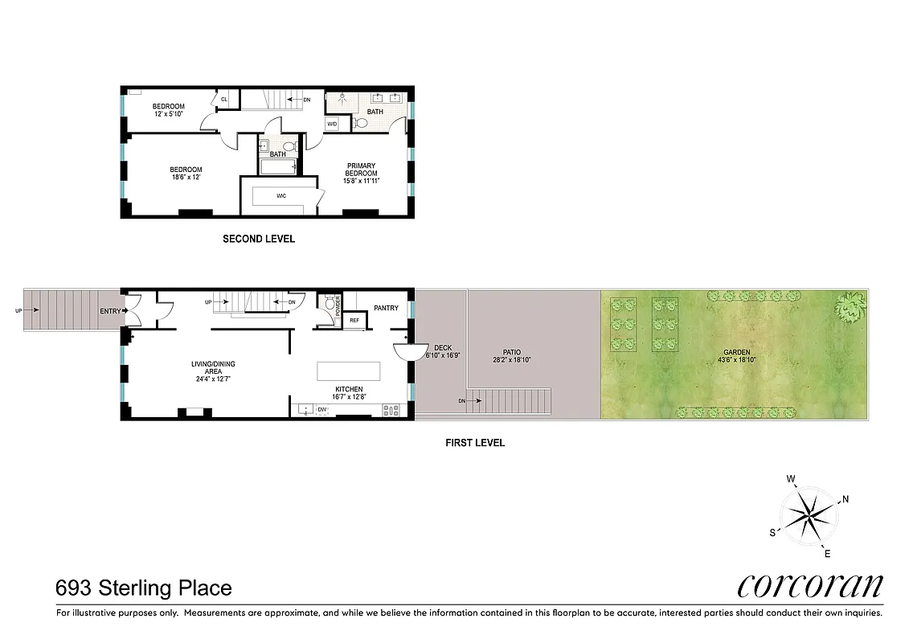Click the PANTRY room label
[x=386, y=308]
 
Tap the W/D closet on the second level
[x=332, y=124]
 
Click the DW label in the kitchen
[x=321, y=409]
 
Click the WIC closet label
[x=281, y=195]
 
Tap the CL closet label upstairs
[x=223, y=99]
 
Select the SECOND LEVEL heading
[x=259, y=239]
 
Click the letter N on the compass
[x=846, y=499]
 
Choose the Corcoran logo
[x=810, y=585]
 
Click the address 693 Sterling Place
[x=144, y=588]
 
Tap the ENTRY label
[x=110, y=311]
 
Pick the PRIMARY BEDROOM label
[x=361, y=170]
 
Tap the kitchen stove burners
[x=391, y=409]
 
